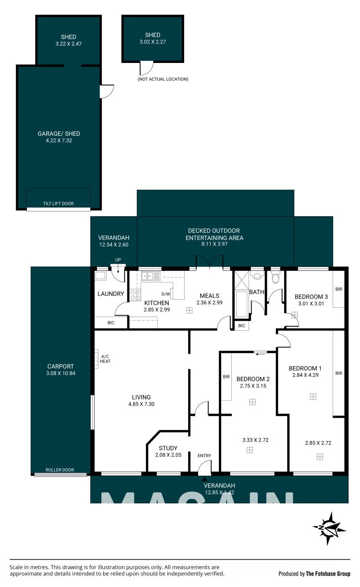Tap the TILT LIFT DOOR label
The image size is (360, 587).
pos(58,203)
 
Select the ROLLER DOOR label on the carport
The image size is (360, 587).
pos(60,470)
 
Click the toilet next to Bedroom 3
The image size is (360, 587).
pos(275,277)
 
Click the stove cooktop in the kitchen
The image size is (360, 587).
pos(135,295)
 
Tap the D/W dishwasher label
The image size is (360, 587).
pos(166,294)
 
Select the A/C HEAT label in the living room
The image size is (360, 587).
pos(105,359)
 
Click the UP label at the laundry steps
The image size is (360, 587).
pos(118,260)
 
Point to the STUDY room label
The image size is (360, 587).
pos(168,448)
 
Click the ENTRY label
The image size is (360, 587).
pos(204,455)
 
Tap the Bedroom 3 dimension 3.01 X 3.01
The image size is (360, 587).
pos(311,303)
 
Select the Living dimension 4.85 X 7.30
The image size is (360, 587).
pos(141,404)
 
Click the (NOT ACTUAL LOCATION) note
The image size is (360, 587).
pos(163,79)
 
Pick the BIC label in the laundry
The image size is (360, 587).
pos(111,323)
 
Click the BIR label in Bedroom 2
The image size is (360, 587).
pos(226,377)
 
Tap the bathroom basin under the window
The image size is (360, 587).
pos(257,276)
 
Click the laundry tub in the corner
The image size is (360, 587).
pos(100,276)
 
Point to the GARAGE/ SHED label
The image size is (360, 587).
pos(59,133)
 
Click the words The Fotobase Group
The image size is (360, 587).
pos(328,574)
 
